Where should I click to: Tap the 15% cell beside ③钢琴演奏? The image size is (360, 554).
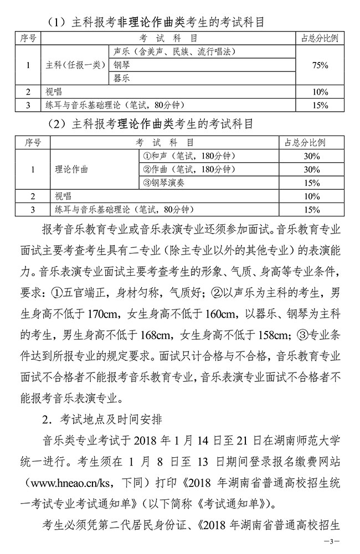click(x=312, y=183)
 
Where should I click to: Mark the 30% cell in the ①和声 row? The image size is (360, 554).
click(x=312, y=156)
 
